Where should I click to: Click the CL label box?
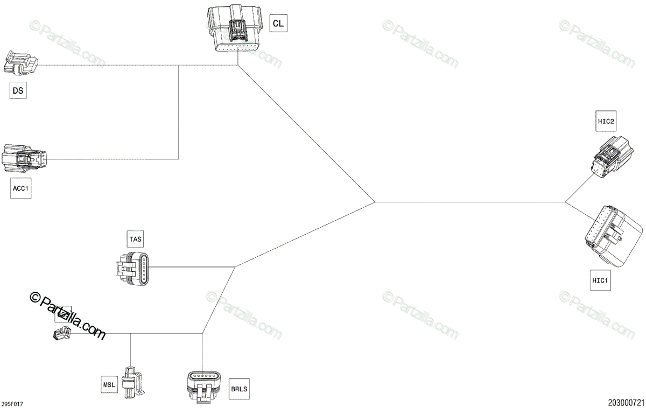click(x=278, y=24)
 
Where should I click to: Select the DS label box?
click(x=18, y=91)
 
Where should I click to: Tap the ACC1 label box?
click(x=20, y=189)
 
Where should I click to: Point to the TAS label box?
click(x=136, y=238)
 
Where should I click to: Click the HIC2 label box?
click(x=606, y=122)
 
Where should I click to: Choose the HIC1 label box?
click(x=600, y=280)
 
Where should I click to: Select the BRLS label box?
click(x=240, y=389)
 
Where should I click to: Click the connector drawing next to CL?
click(x=235, y=31)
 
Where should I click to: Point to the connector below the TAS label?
click(x=134, y=267)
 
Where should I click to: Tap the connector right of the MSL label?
click(x=132, y=382)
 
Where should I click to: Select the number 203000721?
click(x=626, y=402)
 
